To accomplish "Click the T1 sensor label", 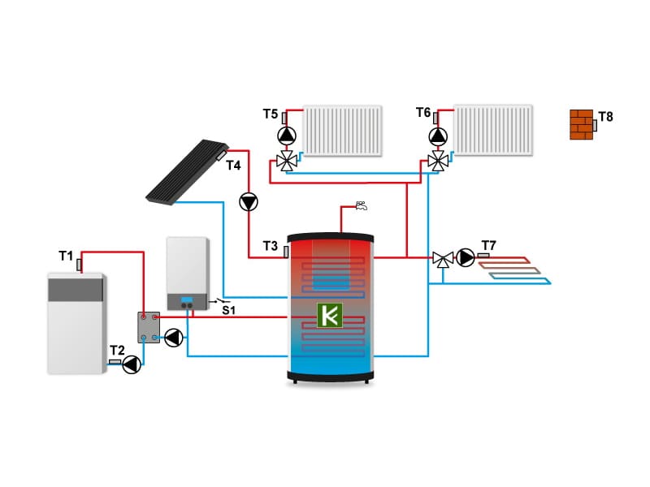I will click(66, 256).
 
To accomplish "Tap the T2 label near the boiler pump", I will click(118, 349).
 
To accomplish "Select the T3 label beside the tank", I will click(270, 245).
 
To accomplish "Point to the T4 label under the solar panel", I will click(233, 166).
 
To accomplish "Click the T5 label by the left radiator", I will click(271, 114).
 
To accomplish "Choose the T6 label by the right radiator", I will click(423, 112).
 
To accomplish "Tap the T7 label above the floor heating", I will click(489, 245).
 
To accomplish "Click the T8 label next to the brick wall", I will click(605, 117).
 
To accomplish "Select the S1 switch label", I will click(229, 310).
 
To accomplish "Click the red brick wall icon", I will click(581, 124).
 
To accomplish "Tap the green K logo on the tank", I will click(330, 315).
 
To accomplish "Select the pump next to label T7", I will click(466, 258).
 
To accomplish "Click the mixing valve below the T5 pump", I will click(286, 161).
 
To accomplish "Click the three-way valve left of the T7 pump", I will click(443, 259).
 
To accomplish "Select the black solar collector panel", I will click(187, 171).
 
